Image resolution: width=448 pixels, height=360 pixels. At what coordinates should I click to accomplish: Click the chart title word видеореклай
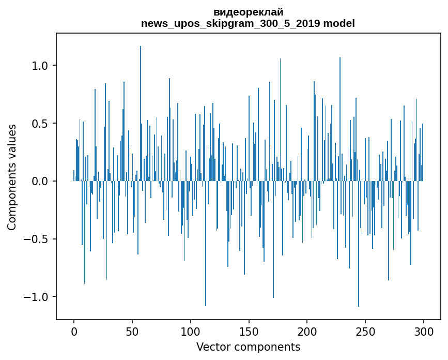[248, 12]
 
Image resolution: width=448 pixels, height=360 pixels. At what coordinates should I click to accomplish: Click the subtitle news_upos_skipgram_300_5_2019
[229, 23]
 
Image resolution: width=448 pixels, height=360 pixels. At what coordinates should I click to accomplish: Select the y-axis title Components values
[12, 177]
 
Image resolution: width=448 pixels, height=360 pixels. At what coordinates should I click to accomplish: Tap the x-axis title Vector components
[248, 347]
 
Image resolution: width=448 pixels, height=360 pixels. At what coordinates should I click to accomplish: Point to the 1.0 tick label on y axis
[40, 66]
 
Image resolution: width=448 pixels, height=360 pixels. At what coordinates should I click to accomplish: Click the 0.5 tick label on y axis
[40, 124]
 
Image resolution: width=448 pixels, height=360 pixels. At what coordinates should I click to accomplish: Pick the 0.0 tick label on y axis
[40, 182]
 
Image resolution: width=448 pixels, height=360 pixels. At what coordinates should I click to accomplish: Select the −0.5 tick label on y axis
[37, 239]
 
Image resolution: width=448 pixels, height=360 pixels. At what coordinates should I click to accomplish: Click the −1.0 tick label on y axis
[37, 297]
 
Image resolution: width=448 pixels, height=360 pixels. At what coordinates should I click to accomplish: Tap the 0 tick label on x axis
[74, 331]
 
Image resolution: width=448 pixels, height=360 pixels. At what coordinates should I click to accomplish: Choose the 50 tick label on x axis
[132, 331]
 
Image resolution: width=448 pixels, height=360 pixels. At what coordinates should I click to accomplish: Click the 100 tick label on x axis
[191, 331]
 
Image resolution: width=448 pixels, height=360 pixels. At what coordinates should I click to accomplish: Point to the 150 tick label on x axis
[249, 331]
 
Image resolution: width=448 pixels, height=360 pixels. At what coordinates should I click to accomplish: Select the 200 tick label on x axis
[307, 331]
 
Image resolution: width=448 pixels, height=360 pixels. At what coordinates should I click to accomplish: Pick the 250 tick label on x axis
[365, 331]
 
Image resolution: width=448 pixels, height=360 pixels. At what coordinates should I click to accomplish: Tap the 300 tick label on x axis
[424, 331]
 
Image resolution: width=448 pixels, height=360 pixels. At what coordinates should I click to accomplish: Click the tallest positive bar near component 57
[141, 103]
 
